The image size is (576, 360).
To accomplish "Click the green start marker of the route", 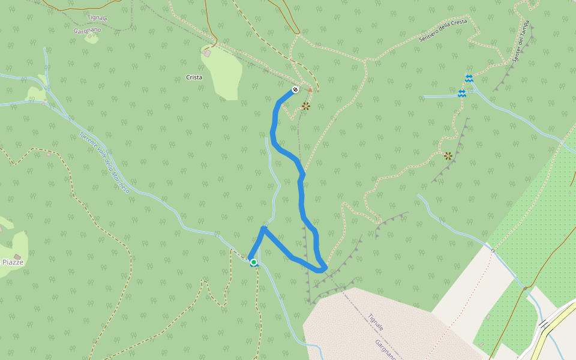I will (x=254, y=262).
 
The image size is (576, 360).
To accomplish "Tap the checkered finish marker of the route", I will (x=295, y=90).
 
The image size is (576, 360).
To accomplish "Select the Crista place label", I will (x=194, y=77).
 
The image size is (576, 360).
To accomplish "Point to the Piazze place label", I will (x=12, y=262).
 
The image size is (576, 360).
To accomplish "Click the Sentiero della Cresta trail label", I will (x=443, y=30).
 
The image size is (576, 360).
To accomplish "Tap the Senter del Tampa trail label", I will (x=523, y=45).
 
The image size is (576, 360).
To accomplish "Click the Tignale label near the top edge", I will (x=97, y=19).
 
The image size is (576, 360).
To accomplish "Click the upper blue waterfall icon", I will (x=469, y=79).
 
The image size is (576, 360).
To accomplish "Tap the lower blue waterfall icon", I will (x=462, y=94).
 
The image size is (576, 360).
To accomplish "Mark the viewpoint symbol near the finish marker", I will (x=306, y=106).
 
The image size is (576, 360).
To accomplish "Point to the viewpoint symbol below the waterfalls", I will (x=448, y=156).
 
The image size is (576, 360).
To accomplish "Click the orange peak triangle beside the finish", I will (x=310, y=90).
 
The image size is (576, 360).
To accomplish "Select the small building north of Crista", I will (x=208, y=53).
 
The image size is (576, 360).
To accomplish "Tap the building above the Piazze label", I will (x=17, y=257).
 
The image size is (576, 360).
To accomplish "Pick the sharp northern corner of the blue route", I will (x=263, y=229).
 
